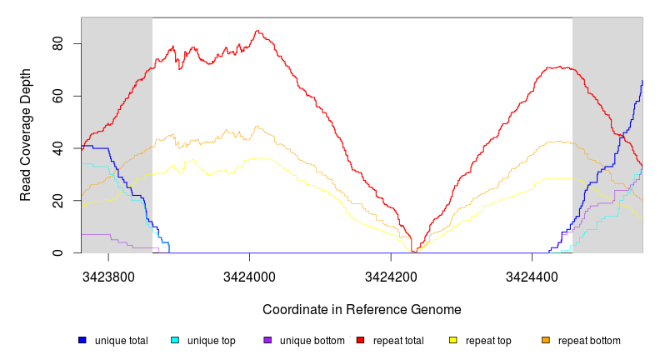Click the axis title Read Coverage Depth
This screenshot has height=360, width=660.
tap(26, 135)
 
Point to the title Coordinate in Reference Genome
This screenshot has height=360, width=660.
tap(362, 309)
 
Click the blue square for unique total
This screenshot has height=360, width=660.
tap(82, 341)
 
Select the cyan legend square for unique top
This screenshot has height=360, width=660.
tap(175, 341)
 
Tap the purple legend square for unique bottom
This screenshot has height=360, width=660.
tap(267, 341)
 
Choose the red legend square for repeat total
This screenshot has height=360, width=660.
tap(361, 341)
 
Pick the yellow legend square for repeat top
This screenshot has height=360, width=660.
tap(453, 341)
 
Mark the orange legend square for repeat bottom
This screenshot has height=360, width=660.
tap(546, 341)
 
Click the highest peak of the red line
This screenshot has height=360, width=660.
tap(257, 32)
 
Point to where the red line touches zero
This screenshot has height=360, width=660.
tap(414, 252)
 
